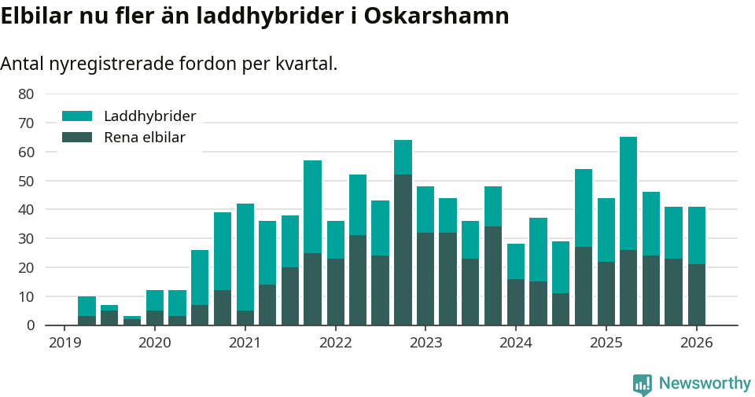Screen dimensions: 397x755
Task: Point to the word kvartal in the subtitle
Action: point(307,64)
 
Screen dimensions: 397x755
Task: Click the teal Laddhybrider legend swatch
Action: point(77,116)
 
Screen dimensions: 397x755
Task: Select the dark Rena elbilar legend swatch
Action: point(77,138)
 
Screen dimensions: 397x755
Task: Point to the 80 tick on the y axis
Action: point(26,94)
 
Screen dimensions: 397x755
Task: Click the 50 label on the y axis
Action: point(26,181)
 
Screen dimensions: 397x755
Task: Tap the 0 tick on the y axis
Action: point(30,325)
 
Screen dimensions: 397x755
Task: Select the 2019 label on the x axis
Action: point(64,343)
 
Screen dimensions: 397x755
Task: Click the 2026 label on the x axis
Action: point(696,343)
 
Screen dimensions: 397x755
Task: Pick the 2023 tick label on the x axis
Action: point(425,343)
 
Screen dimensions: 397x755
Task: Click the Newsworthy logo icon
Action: point(643,384)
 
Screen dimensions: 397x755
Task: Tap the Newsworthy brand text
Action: point(705,384)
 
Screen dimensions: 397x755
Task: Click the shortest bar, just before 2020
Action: point(132,321)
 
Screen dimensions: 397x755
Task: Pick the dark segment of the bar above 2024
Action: point(516,302)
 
